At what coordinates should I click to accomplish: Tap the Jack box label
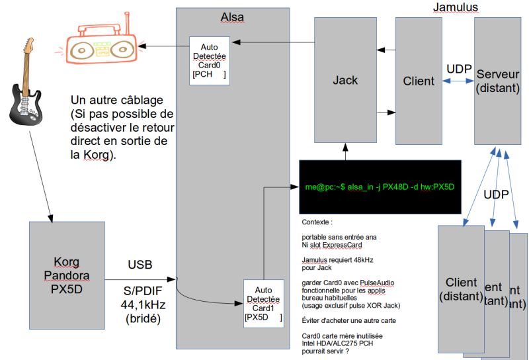tap(345, 80)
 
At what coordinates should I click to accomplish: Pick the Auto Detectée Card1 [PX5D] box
tap(263, 304)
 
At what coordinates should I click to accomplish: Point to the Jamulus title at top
tap(455, 8)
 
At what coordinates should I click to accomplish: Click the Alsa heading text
tap(232, 16)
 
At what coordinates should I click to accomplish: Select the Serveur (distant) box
tap(497, 81)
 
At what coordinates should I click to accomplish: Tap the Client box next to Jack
tap(419, 81)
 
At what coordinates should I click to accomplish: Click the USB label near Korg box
tap(140, 265)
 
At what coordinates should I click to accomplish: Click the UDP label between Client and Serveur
tap(459, 69)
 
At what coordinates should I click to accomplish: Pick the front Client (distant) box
tap(461, 289)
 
